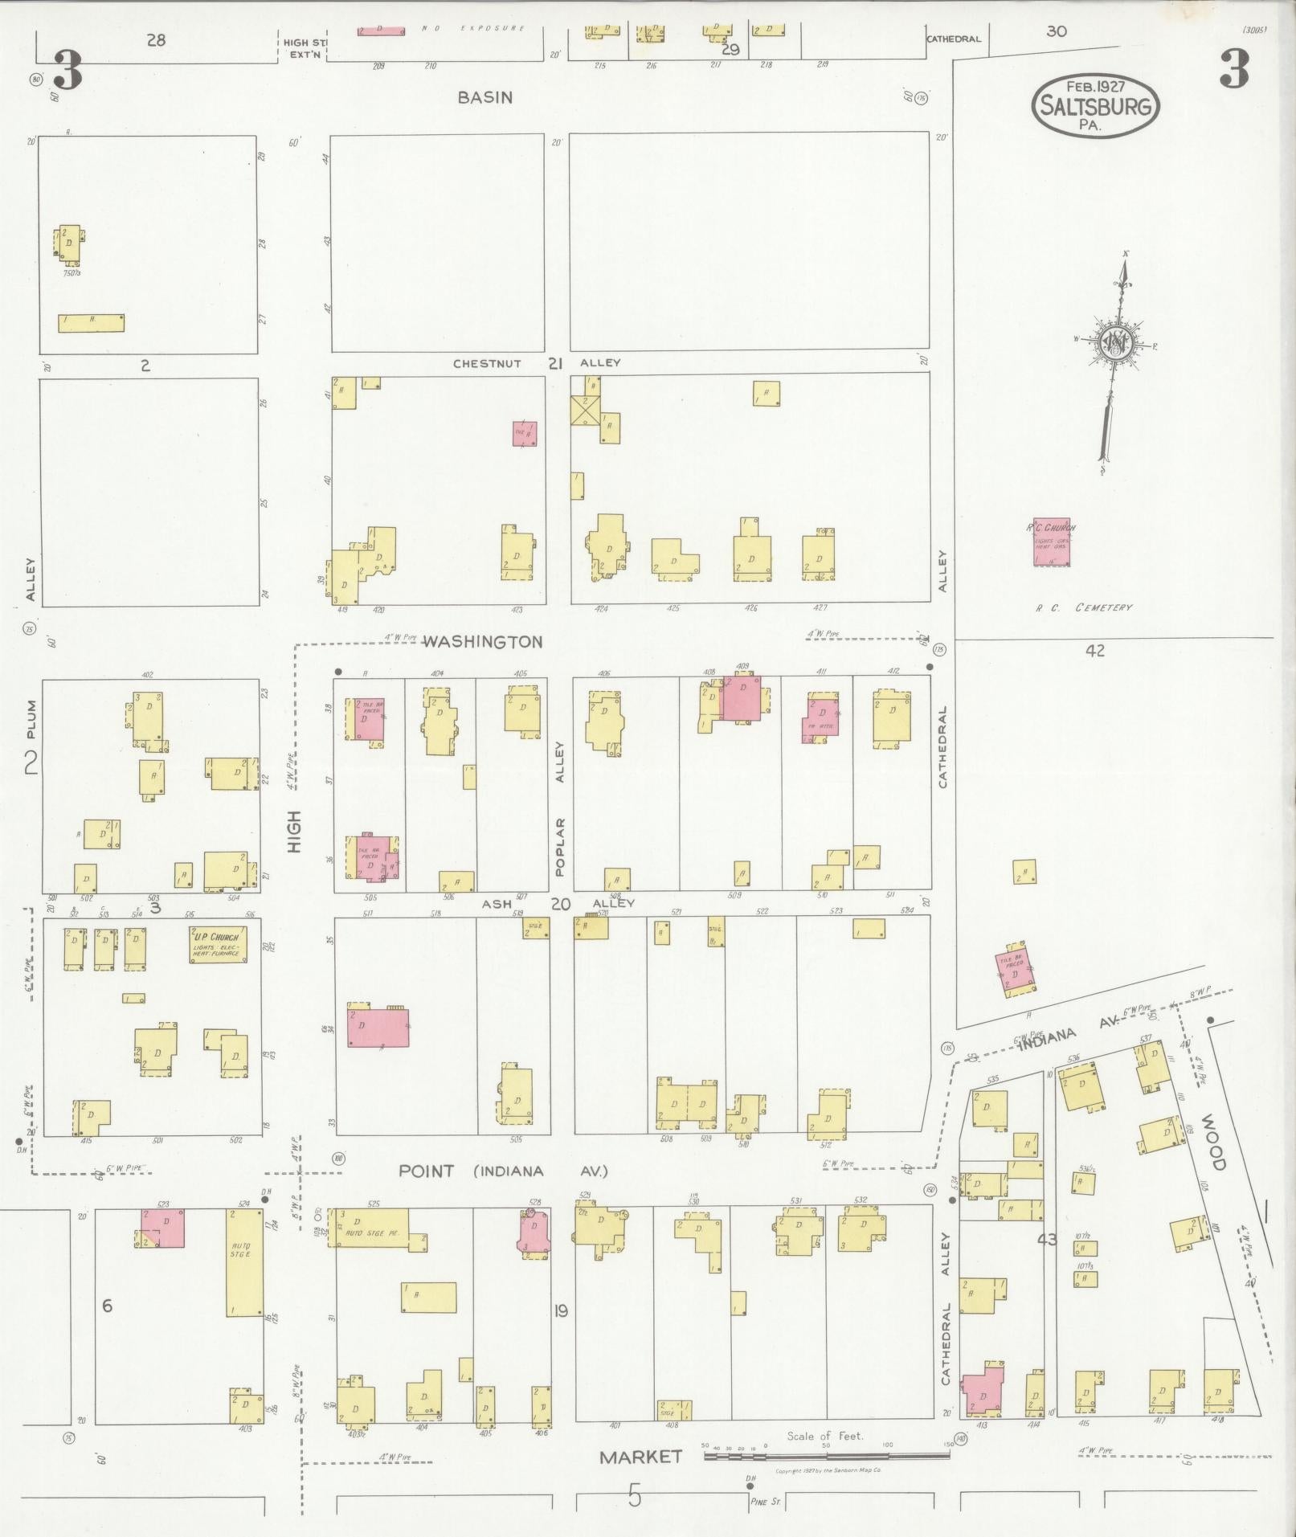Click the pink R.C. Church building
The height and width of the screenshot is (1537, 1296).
(x=1051, y=542)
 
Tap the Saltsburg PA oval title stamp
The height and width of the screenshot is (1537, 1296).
(x=1095, y=106)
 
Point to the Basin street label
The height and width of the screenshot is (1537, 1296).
(x=484, y=97)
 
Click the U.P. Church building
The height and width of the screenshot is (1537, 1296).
(x=219, y=944)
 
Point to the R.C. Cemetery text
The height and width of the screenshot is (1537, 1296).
(x=1084, y=607)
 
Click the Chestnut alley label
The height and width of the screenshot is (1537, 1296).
(x=487, y=363)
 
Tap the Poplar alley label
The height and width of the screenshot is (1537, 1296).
(x=560, y=847)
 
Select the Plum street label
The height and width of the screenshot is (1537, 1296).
(x=31, y=720)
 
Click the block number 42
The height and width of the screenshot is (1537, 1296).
(x=1095, y=651)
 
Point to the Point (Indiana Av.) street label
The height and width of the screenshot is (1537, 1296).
(x=503, y=1171)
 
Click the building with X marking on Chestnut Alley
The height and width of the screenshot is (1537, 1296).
(x=584, y=411)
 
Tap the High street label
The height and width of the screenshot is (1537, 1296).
(x=294, y=832)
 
